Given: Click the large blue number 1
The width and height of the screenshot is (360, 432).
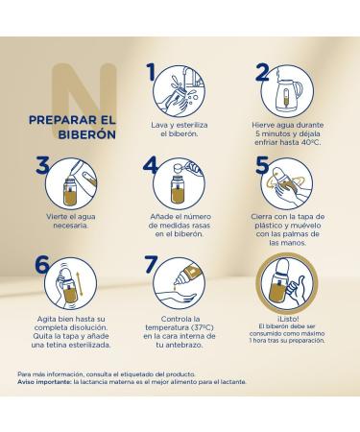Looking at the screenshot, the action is coord(151,72).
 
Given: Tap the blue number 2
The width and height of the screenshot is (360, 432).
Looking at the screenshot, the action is coord(262,72).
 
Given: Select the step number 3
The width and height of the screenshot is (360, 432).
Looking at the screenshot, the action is coord(42,165).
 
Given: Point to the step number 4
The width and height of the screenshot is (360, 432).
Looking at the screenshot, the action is coord(150,165).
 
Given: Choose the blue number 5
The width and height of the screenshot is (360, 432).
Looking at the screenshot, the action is coord(262,165).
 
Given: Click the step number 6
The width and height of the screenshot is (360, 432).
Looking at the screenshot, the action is coord(42,264).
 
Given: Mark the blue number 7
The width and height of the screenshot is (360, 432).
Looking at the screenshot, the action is coord(151,264).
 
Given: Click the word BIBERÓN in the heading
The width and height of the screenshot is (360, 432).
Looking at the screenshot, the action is coord(87,134).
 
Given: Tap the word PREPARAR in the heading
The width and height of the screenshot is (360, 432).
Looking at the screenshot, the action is coord(62,120).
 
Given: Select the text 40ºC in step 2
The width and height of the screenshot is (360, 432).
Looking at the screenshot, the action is coord(311,142).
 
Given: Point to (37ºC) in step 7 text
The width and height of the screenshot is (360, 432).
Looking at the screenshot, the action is coord(203,327).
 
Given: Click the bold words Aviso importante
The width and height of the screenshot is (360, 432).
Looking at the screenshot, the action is coord(44,382).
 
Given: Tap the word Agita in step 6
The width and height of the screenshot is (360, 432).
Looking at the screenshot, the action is coord(46,320).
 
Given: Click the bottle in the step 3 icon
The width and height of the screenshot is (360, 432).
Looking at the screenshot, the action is coord(70,192).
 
